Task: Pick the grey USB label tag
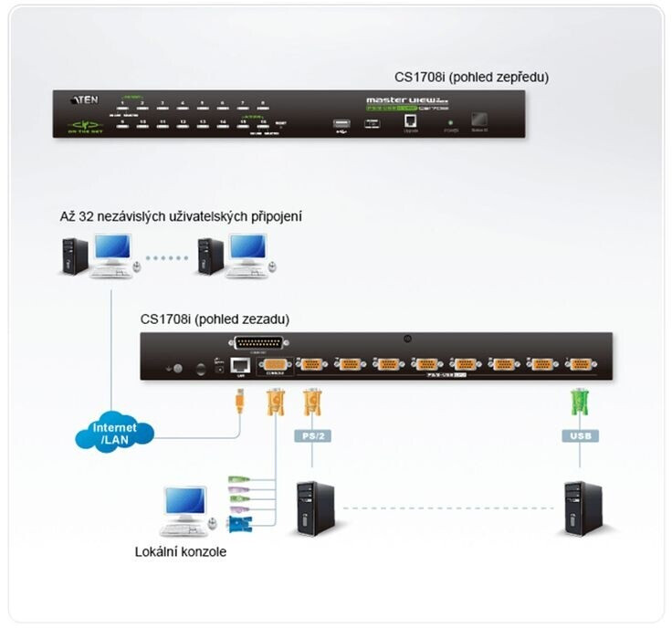(x=579, y=436)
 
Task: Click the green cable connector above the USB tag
(x=578, y=403)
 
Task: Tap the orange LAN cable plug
(x=238, y=401)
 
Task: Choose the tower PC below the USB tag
(x=583, y=508)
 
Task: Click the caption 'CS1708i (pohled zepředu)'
(x=471, y=77)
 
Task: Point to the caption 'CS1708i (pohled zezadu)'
(x=215, y=319)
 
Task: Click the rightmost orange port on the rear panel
(x=578, y=364)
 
